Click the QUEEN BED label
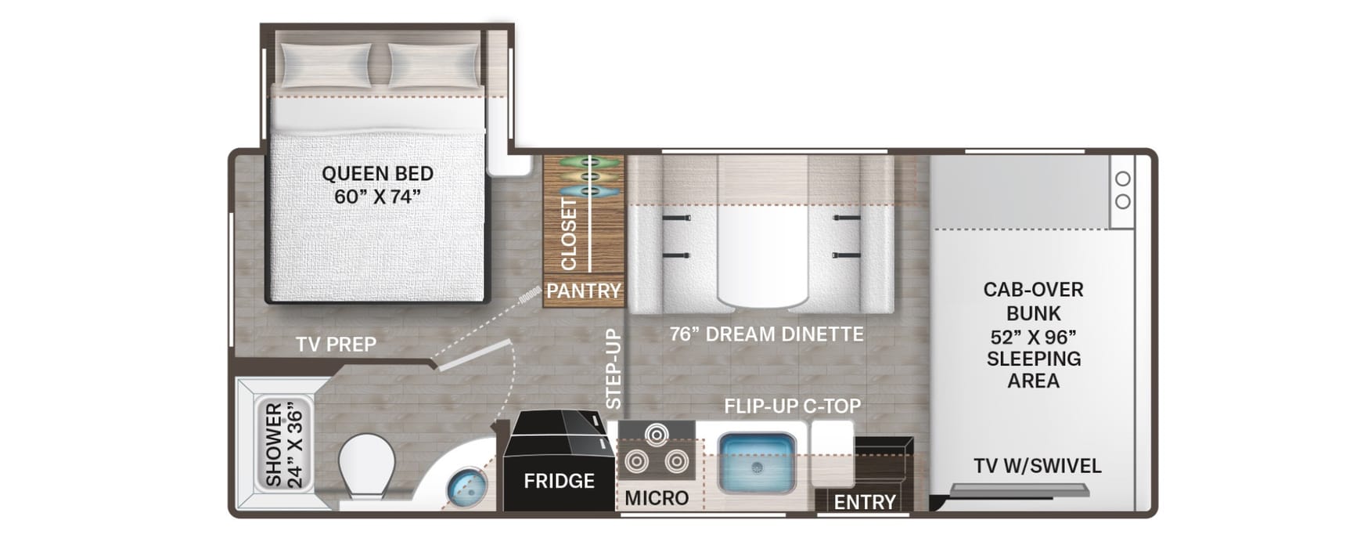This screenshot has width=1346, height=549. click(x=377, y=173)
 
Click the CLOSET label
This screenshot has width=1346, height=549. click(x=569, y=233)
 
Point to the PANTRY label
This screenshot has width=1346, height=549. click(x=584, y=291)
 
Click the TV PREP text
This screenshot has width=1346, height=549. click(x=336, y=344)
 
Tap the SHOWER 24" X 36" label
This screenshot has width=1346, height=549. click(x=283, y=445)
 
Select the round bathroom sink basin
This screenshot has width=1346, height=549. click(x=466, y=488)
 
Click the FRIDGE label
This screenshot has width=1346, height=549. click(x=559, y=481)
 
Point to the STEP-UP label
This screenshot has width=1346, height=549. click(x=614, y=369)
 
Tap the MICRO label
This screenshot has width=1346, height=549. click(x=657, y=498)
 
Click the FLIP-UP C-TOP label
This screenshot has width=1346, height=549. click(x=792, y=406)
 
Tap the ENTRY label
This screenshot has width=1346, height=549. click(x=865, y=502)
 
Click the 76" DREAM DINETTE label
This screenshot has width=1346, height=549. click(x=766, y=334)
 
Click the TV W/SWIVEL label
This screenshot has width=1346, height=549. click(x=1037, y=466)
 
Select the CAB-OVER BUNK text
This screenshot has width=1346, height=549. click(x=1033, y=302)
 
